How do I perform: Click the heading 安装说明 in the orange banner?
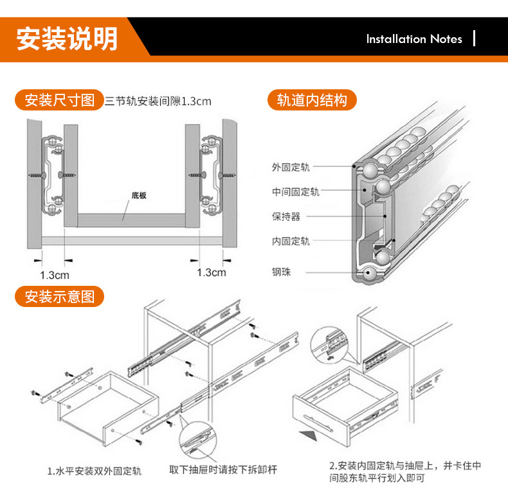click(x=67, y=39)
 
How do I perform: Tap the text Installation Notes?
click(x=414, y=39)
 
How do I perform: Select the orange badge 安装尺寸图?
click(x=59, y=100)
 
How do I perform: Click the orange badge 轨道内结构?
click(x=312, y=100)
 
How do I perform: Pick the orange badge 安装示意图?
click(x=59, y=297)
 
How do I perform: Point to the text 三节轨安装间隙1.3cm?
click(x=158, y=101)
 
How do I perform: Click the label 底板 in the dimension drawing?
click(x=138, y=195)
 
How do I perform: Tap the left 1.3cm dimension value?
click(x=55, y=275)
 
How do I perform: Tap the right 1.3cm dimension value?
click(x=212, y=272)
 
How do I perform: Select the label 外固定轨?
click(x=291, y=168)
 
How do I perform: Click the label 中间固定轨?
click(x=295, y=192)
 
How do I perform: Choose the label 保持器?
click(x=286, y=217)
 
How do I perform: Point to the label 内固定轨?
click(x=291, y=242)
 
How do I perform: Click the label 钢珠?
click(x=281, y=272)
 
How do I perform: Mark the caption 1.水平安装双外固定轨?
click(x=95, y=471)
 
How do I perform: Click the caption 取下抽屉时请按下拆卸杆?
click(x=223, y=470)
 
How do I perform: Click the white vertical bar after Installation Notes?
click(x=475, y=39)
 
